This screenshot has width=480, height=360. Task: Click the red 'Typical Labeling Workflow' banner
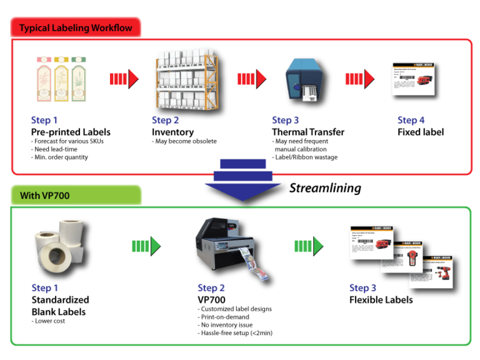coord(74,27)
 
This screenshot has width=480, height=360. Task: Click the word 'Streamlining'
coord(325,187)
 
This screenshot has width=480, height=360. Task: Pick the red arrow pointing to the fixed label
coord(360,78)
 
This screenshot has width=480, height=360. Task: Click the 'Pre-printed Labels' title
coord(71,132)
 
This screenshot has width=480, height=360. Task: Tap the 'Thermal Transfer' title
coord(307,132)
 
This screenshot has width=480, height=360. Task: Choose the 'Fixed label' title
coord(421,132)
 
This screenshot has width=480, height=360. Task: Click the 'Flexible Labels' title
coord(381,299)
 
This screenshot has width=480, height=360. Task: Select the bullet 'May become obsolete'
coord(184,141)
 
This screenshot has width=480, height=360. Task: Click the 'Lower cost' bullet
coord(48,321)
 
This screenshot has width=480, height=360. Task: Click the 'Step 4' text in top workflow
coord(411,120)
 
